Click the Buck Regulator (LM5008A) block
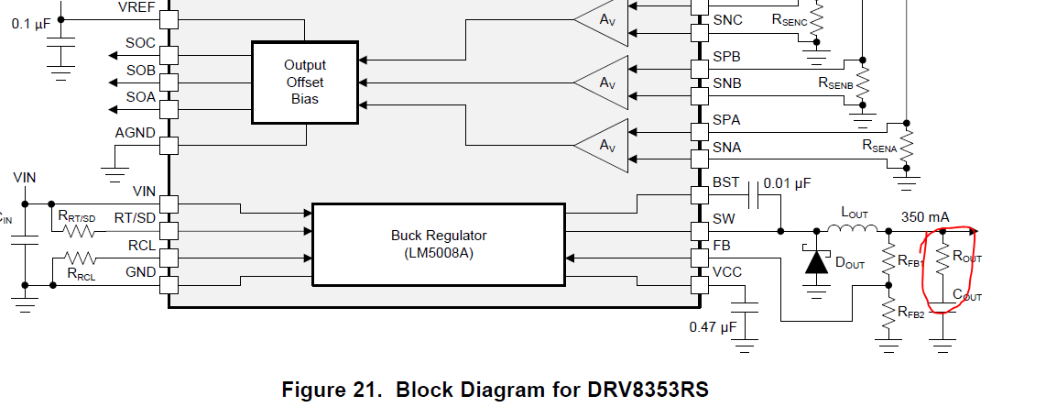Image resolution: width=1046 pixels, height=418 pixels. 439,243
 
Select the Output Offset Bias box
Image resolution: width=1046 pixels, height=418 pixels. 304,82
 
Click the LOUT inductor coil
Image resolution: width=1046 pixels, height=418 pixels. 854,229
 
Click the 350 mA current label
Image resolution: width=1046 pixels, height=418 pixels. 925,217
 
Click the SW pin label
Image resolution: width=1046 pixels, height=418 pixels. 725,219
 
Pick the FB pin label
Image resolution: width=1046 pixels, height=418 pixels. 723,246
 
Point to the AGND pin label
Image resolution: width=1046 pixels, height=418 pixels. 135,133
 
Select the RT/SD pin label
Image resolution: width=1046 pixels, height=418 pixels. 135,217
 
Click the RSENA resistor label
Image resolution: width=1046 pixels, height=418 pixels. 878,145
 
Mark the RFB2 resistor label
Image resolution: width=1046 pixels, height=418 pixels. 910,313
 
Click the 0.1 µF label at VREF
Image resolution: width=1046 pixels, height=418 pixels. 31,24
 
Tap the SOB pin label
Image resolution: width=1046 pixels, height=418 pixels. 140,71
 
